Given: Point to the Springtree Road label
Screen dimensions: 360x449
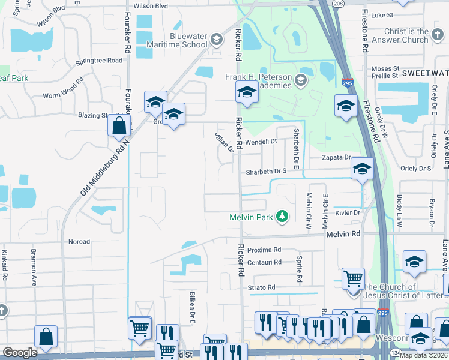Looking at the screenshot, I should (99, 61).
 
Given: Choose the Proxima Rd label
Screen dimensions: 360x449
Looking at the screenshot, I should (264, 250).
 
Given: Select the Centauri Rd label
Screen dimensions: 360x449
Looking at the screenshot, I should (264, 262).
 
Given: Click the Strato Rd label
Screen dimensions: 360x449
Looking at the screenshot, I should (261, 288).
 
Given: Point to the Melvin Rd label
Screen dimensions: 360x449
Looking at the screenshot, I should (343, 233).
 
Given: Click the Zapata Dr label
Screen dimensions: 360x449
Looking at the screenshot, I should (336, 157).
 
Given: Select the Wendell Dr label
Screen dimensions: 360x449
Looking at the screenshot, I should (261, 142).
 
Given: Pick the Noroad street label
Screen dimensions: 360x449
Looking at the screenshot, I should (79, 242).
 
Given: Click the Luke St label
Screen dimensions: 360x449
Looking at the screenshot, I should (382, 15).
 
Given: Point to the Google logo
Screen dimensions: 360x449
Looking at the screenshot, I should (20, 352).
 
